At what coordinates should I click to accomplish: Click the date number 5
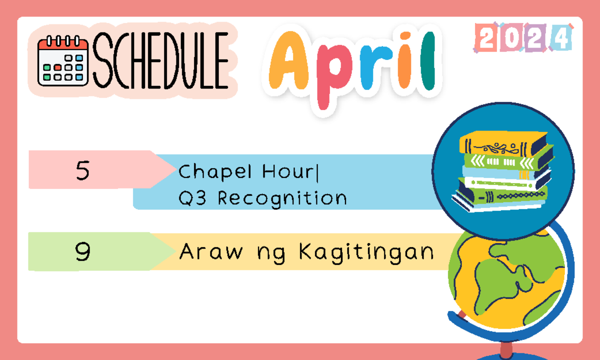click(83, 170)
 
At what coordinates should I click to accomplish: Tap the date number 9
click(83, 252)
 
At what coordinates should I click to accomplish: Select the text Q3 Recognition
click(262, 198)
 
